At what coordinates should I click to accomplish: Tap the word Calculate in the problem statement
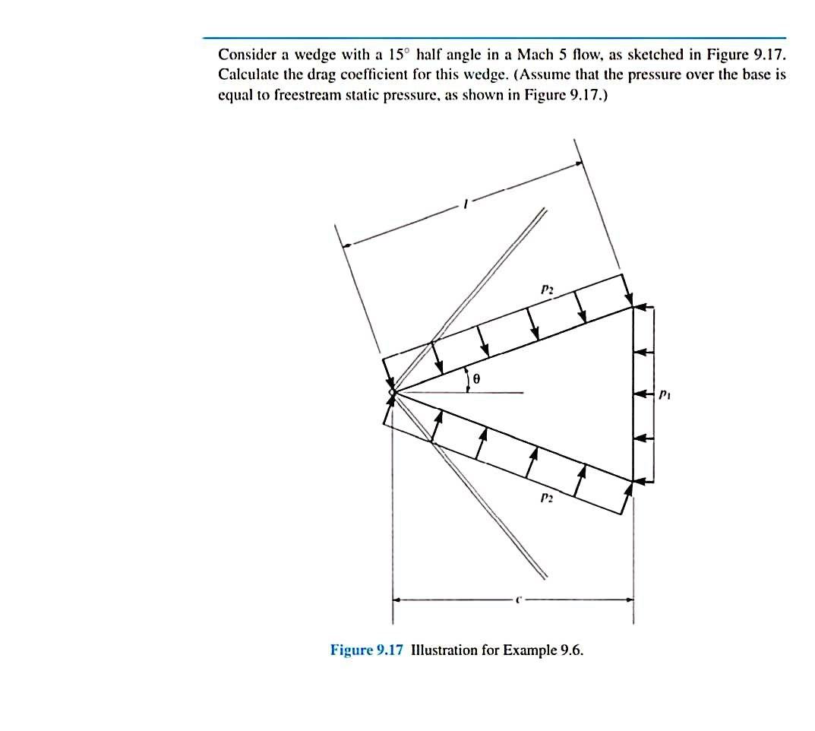tap(246, 76)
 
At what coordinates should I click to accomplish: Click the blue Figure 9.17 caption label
tap(368, 650)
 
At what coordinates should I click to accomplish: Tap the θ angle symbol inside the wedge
tap(475, 378)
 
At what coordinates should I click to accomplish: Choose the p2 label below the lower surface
tap(545, 498)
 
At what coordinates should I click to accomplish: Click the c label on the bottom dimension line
tap(517, 598)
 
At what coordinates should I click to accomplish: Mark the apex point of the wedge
tap(392, 393)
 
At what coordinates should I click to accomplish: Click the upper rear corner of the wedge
tap(633, 307)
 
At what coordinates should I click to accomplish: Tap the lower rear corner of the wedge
tap(633, 479)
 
